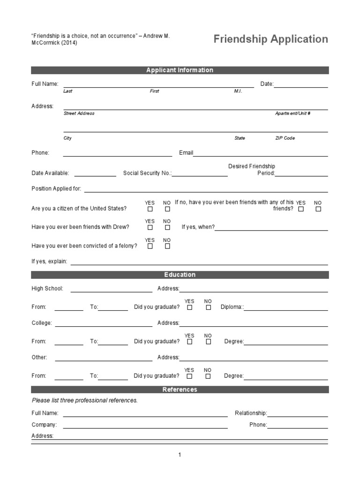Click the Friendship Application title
point(270,39)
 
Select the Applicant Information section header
point(180,70)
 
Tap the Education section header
point(180,275)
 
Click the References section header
point(180,390)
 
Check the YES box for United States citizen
point(150,209)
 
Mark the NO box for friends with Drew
point(167,227)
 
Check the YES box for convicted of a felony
point(150,246)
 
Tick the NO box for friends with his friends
point(318,209)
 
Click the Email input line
point(260,153)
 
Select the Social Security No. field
point(200,173)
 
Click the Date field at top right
point(300,84)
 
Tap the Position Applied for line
point(206,189)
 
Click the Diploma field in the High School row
point(286,307)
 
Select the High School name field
point(111,289)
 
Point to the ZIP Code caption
point(285,138)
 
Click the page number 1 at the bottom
point(180,455)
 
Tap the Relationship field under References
point(297,413)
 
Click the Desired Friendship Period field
point(301,173)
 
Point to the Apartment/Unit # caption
point(292,113)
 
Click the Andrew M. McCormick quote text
point(100,39)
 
